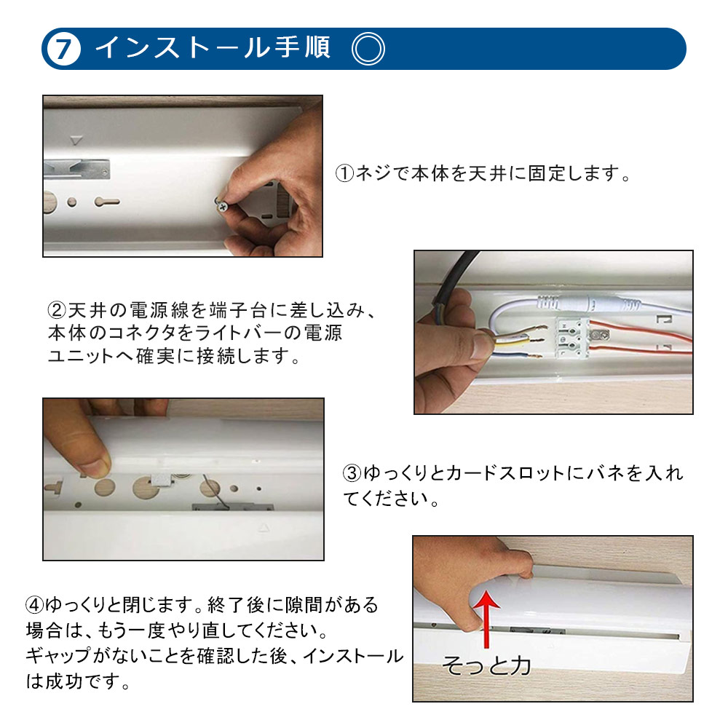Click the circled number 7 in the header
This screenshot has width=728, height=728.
click(x=63, y=49)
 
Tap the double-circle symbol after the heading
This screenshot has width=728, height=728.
click(x=368, y=50)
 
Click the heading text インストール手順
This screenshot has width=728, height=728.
click(x=213, y=48)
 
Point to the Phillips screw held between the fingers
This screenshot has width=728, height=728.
click(x=224, y=206)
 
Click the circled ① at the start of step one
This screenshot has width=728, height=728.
click(x=344, y=175)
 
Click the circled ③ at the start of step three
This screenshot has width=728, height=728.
click(x=352, y=474)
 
